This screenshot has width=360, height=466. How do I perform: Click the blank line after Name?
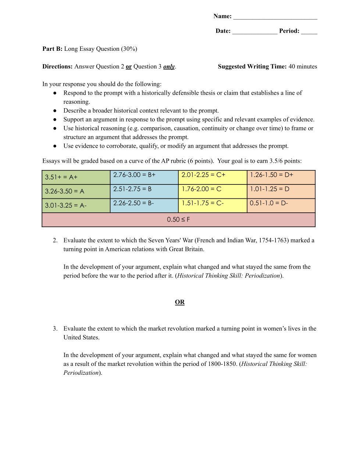[275, 17]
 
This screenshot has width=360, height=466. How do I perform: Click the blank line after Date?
[254, 32]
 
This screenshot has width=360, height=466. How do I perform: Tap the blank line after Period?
[309, 32]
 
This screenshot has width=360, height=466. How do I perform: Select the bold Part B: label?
[52, 49]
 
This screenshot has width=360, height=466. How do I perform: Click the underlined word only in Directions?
[169, 67]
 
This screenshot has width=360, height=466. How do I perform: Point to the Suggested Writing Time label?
[252, 67]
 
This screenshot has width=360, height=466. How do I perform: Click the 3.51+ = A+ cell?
[76, 177]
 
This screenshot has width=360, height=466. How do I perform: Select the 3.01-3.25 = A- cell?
[76, 205]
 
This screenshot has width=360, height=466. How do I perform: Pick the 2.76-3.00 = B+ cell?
[144, 177]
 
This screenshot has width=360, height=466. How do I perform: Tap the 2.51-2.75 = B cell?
[144, 191]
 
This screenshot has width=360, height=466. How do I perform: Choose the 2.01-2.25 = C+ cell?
[213, 177]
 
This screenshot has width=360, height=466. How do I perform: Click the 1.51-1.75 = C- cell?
[213, 205]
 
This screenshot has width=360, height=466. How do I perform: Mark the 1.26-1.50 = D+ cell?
[281, 177]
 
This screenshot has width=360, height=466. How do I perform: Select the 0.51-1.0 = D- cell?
[281, 205]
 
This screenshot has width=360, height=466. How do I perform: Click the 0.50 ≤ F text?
[178, 220]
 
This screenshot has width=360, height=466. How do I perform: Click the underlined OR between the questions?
[180, 302]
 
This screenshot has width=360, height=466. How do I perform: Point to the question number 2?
[55, 240]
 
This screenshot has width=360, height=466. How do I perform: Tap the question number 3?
[55, 329]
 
